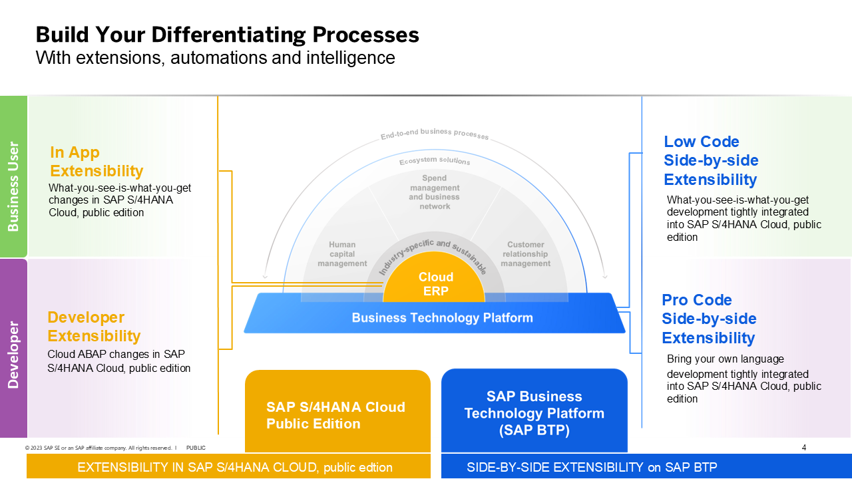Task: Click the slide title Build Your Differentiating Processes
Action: tap(227, 35)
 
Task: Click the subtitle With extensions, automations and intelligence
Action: tap(215, 58)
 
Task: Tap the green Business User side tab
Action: tap(13, 176)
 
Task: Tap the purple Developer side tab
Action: tap(13, 348)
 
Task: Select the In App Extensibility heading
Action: tap(97, 162)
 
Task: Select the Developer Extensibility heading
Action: tap(94, 327)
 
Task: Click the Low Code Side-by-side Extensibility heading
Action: tap(710, 160)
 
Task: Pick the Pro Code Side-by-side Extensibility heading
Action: tap(709, 319)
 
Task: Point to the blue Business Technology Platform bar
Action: tap(442, 317)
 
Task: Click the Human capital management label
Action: tap(342, 254)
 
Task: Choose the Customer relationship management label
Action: tap(525, 254)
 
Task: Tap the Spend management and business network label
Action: tap(434, 192)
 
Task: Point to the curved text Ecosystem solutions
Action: tap(434, 161)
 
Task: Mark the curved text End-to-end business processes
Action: tap(434, 134)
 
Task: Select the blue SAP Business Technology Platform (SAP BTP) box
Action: tap(534, 412)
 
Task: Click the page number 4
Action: tap(803, 448)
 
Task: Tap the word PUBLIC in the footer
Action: tap(196, 448)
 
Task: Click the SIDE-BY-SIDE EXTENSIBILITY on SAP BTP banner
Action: tap(592, 467)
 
